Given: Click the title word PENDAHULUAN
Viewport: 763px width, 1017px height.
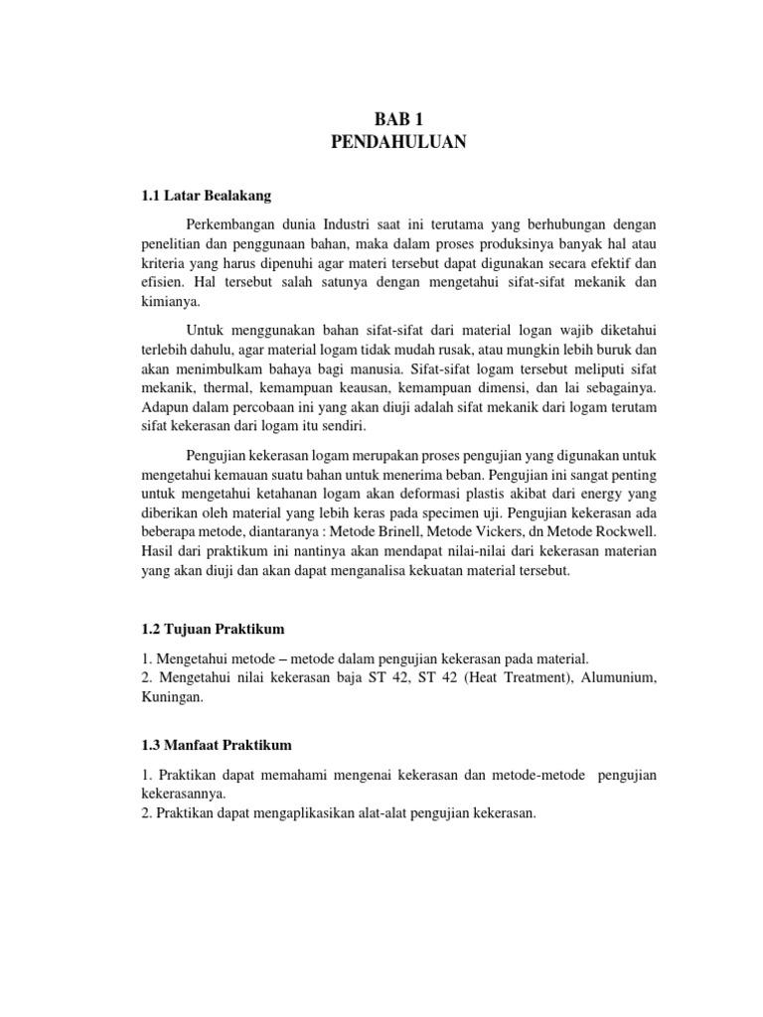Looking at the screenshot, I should (x=397, y=144).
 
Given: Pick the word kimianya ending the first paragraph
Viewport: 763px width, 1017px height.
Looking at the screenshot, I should (x=171, y=302).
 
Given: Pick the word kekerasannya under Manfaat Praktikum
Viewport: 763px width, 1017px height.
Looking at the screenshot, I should (x=182, y=794).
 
